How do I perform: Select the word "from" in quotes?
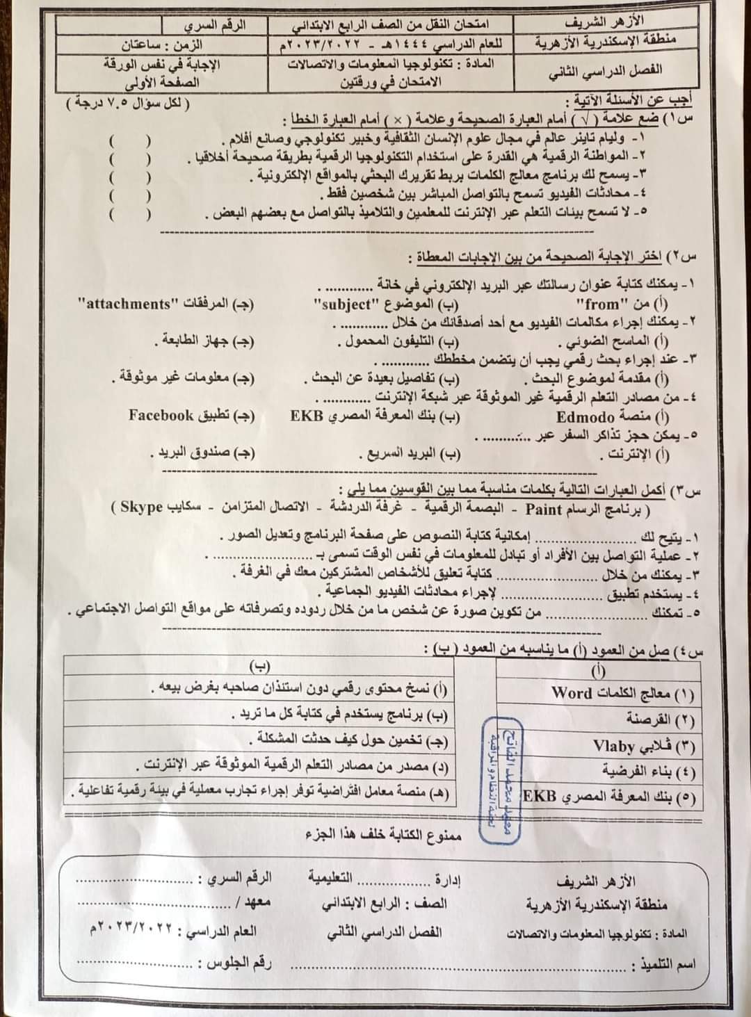(x=597, y=304)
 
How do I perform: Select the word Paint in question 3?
(x=547, y=508)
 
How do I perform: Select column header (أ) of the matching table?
(x=598, y=670)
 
